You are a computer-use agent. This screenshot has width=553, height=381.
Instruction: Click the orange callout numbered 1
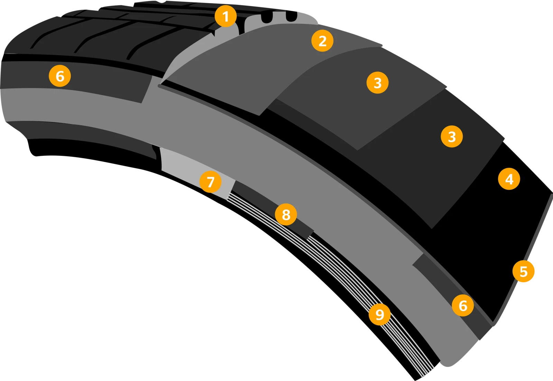point(226,16)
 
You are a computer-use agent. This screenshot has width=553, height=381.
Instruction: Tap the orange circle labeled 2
point(322,41)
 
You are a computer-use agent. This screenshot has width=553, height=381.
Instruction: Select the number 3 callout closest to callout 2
point(377,83)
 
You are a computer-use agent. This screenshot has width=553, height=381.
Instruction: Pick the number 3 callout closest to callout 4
point(452,136)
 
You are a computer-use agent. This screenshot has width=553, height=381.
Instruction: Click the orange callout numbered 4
point(509,179)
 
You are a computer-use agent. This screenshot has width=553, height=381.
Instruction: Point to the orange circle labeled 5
point(523,271)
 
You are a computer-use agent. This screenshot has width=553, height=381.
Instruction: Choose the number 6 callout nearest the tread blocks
point(60,76)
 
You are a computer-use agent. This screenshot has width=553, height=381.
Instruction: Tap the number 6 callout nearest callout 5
point(463,305)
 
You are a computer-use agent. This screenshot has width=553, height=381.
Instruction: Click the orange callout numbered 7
point(210,182)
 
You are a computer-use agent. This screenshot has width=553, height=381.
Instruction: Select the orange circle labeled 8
point(286,215)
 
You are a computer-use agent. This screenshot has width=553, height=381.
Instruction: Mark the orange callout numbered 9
point(379,314)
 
